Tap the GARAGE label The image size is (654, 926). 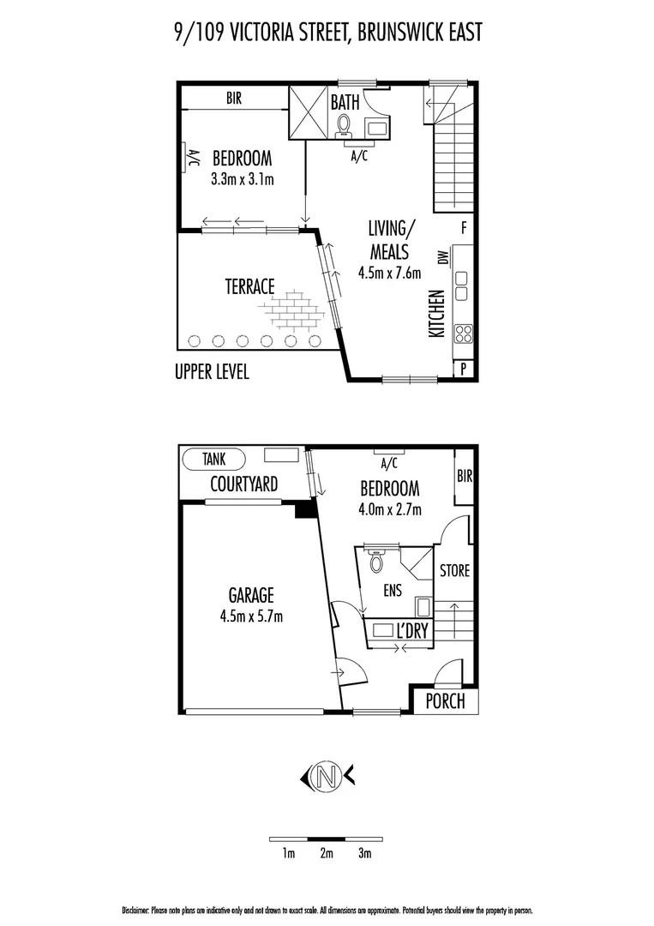(250, 594)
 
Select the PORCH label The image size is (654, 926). (446, 701)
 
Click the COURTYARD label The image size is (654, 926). (244, 484)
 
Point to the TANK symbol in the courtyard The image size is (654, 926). (214, 459)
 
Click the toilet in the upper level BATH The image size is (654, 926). (344, 126)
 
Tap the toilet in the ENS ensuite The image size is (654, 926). (375, 562)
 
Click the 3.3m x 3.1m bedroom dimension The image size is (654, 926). (242, 180)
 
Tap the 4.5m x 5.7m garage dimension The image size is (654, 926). (250, 615)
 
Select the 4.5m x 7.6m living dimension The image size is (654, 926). (390, 274)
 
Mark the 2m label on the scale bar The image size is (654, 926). (327, 853)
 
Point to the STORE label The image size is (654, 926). (453, 570)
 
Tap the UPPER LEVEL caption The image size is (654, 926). (212, 374)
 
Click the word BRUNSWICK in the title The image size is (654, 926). (385, 33)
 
